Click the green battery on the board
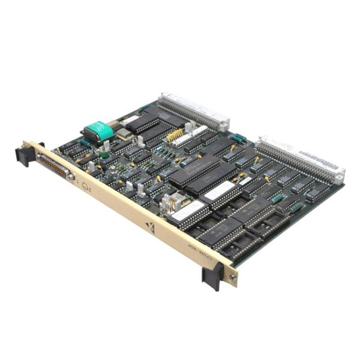[99, 130]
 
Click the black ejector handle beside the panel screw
[212, 277]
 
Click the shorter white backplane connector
[194, 111]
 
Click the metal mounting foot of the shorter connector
[223, 125]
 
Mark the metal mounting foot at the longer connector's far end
[339, 178]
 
